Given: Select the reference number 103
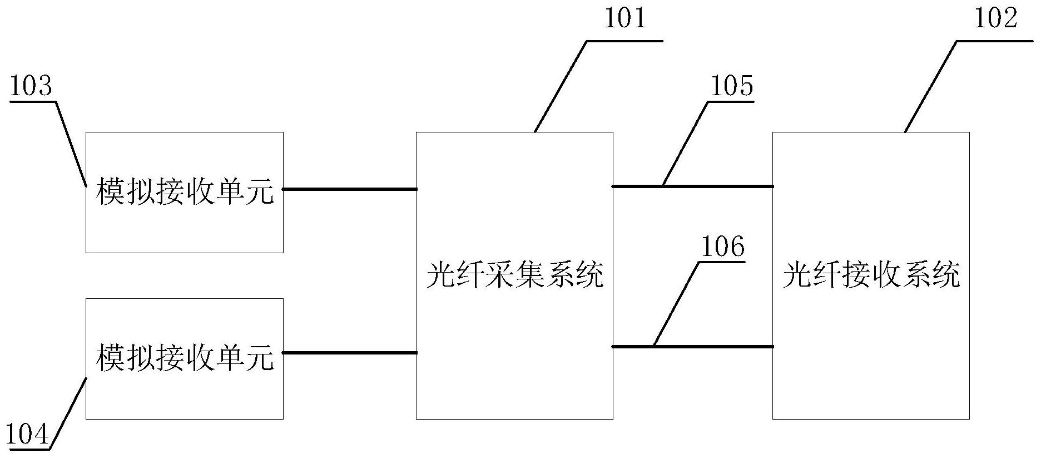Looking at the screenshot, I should pos(31,87).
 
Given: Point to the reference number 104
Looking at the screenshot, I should pos(27,435).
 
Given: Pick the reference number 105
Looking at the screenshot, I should pos(731,87).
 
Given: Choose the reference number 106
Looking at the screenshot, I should pos(722,247).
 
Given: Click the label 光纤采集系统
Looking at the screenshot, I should pos(514,275).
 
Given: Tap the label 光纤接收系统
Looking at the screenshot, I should pos(871,275).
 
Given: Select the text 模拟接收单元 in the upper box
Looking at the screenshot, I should pos(185,192).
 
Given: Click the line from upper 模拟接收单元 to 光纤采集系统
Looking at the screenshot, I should pos(350,189).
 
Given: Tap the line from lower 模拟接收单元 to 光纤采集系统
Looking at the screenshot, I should pos(350,353).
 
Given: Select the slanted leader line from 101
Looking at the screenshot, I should pos(561,86).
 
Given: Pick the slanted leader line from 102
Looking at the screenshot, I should pos(931,86).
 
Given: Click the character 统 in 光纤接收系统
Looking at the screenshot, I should pos(945,275).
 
